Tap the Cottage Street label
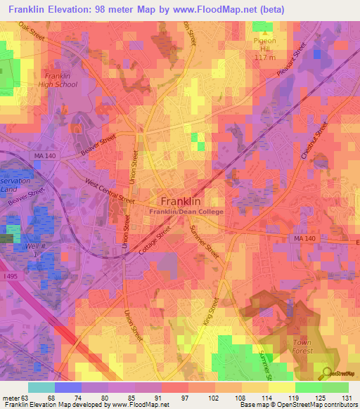pos(157,243)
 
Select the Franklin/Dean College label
pos(185,212)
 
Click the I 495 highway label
pos(11,278)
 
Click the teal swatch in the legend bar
pos(41,387)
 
